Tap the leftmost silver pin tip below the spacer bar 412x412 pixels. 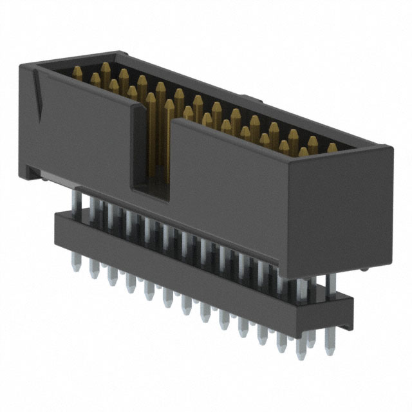pos(77,264)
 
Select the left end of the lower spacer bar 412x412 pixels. pos(61,225)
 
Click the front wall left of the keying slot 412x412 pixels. pos(84,142)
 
